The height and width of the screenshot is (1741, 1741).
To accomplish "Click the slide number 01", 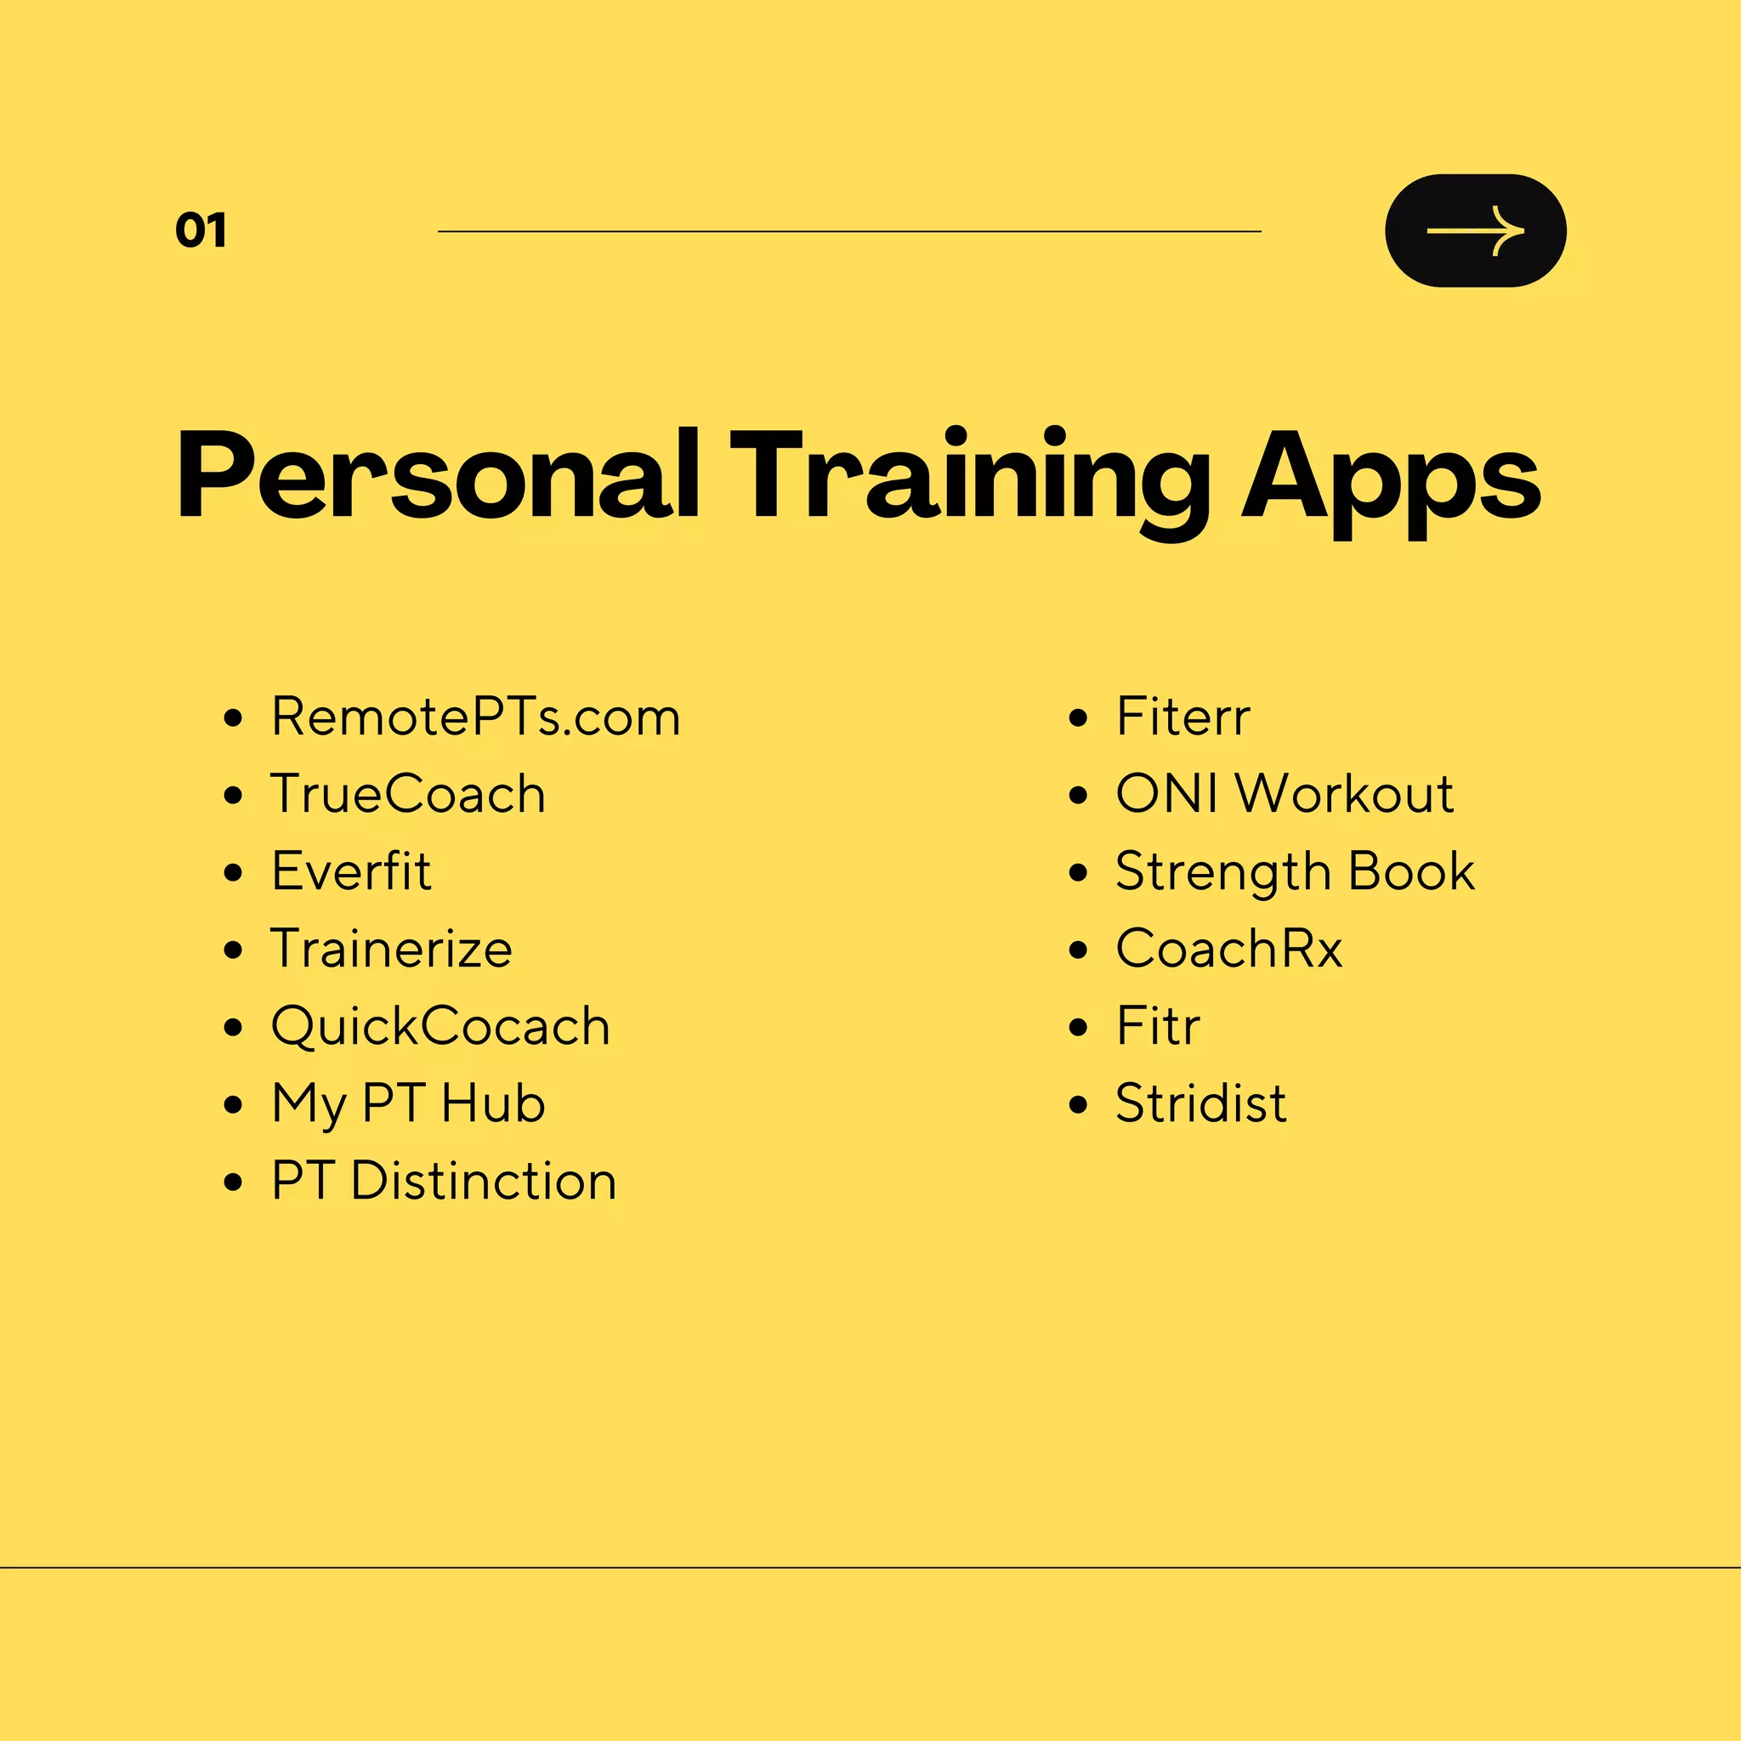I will pyautogui.click(x=201, y=230).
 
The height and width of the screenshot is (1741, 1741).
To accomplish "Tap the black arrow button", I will pyautogui.click(x=1475, y=230).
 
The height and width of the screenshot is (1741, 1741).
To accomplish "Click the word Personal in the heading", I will pyautogui.click(x=438, y=476).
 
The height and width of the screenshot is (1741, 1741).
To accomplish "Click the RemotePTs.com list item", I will pyautogui.click(x=476, y=717).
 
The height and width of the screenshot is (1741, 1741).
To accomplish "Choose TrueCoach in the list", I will pyautogui.click(x=408, y=794).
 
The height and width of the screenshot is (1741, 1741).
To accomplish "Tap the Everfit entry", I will pyautogui.click(x=351, y=871).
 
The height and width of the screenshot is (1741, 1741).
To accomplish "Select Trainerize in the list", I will pyautogui.click(x=392, y=949).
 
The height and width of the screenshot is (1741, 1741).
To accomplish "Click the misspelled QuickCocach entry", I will pyautogui.click(x=440, y=1026).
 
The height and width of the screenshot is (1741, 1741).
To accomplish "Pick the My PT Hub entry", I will pyautogui.click(x=408, y=1104).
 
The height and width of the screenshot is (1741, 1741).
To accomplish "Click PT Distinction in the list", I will pyautogui.click(x=444, y=1181).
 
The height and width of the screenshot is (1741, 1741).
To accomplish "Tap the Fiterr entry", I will pyautogui.click(x=1182, y=717).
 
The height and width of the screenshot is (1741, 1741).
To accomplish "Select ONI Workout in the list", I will pyautogui.click(x=1284, y=794).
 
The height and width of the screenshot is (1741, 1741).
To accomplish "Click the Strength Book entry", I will pyautogui.click(x=1295, y=871).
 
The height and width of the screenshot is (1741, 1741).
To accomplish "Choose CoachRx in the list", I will pyautogui.click(x=1229, y=949).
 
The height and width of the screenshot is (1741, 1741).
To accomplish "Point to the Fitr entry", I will pyautogui.click(x=1158, y=1026).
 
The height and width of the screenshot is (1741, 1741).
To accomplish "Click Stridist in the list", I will pyautogui.click(x=1201, y=1104).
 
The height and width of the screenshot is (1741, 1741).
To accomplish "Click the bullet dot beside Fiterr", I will pyautogui.click(x=1078, y=718).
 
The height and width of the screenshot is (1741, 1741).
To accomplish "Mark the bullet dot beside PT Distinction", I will pyautogui.click(x=234, y=1182).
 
